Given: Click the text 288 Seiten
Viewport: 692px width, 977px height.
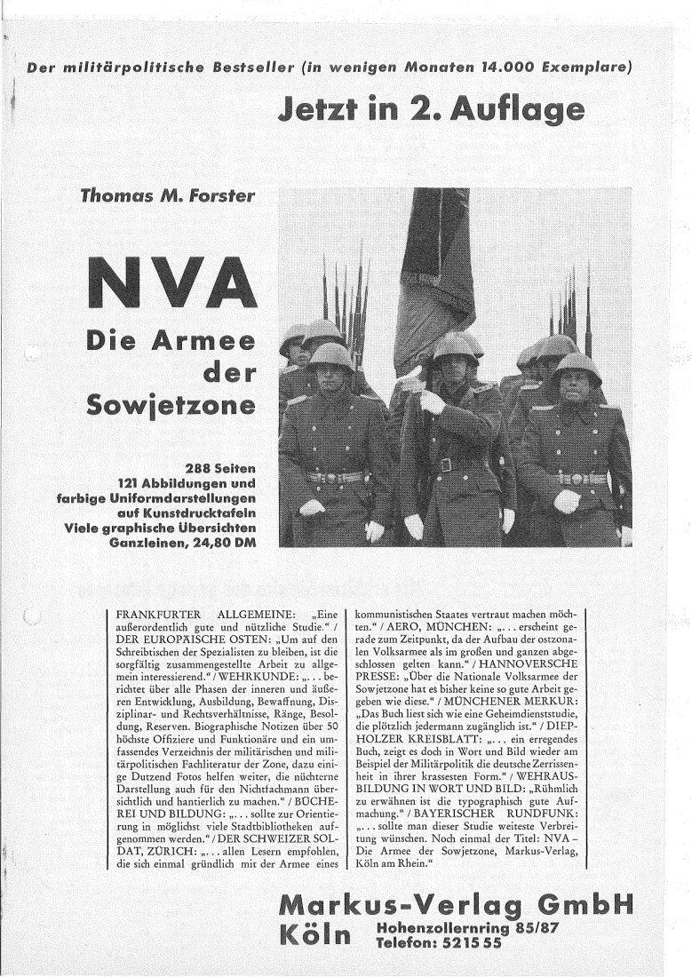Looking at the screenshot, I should (219, 468).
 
